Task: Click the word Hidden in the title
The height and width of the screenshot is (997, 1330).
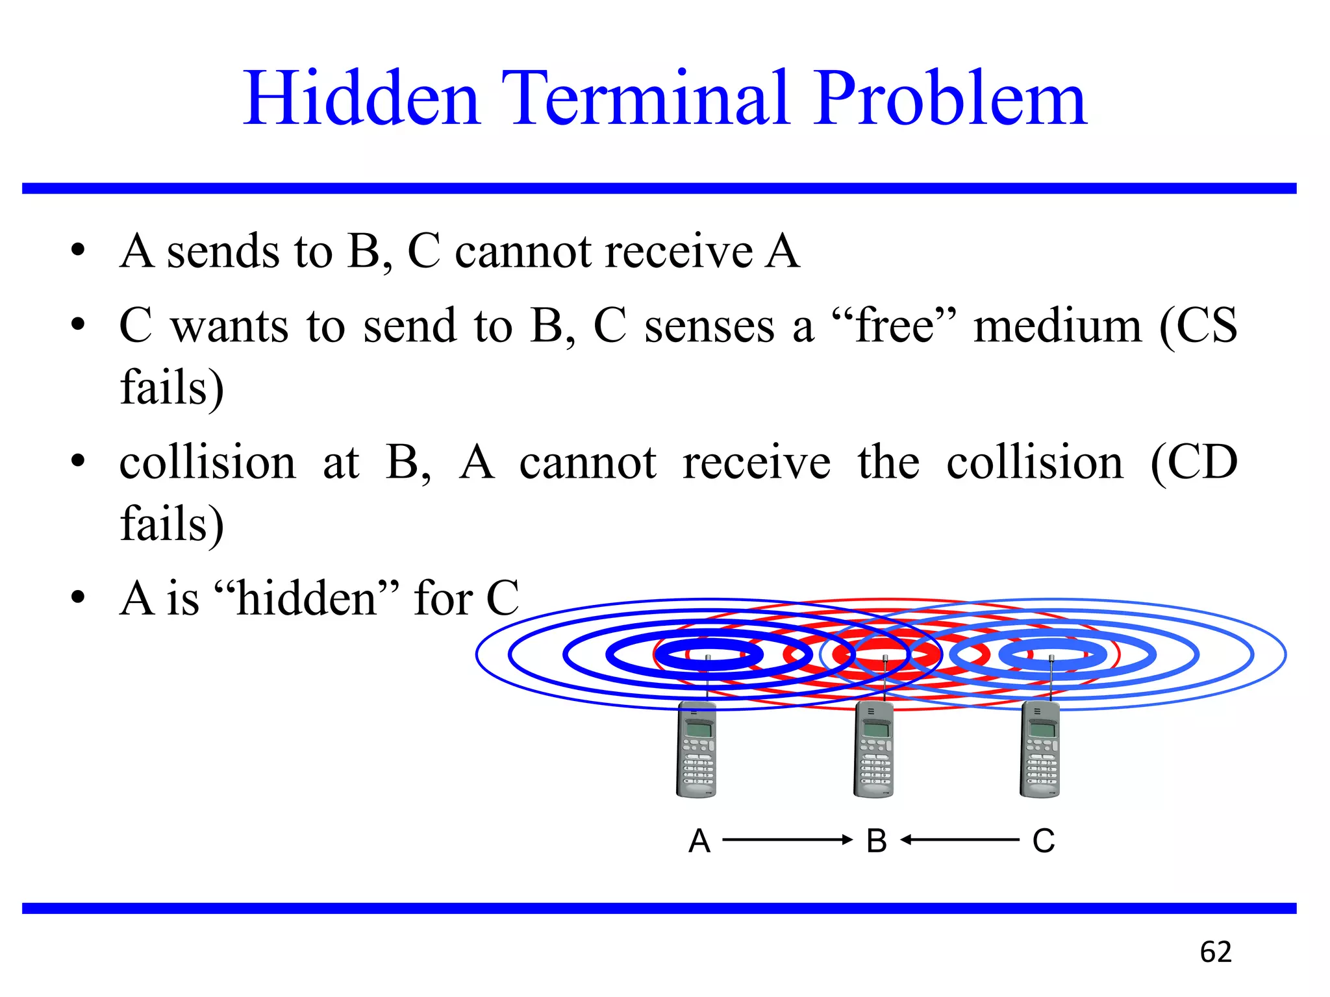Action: [361, 99]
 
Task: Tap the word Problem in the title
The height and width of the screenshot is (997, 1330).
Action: [949, 99]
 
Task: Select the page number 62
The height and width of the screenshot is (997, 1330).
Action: [1215, 952]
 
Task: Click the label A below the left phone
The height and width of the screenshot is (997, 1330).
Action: [699, 841]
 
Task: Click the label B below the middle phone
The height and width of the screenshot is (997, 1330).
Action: [876, 841]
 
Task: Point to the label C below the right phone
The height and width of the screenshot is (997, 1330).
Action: [1044, 841]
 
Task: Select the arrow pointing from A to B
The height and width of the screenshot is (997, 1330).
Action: [787, 840]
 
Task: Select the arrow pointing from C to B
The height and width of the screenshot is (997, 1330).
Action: [960, 840]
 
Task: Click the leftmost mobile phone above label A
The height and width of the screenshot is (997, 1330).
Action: [696, 750]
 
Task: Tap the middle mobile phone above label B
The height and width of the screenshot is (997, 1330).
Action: [873, 750]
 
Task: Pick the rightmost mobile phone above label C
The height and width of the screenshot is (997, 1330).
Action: [1040, 750]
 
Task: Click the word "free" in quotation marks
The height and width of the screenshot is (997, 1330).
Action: [894, 326]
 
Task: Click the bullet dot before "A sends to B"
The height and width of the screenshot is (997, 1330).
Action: [79, 251]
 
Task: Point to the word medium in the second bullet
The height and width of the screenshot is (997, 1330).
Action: [1057, 326]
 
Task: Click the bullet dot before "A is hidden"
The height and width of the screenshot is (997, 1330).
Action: [79, 598]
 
